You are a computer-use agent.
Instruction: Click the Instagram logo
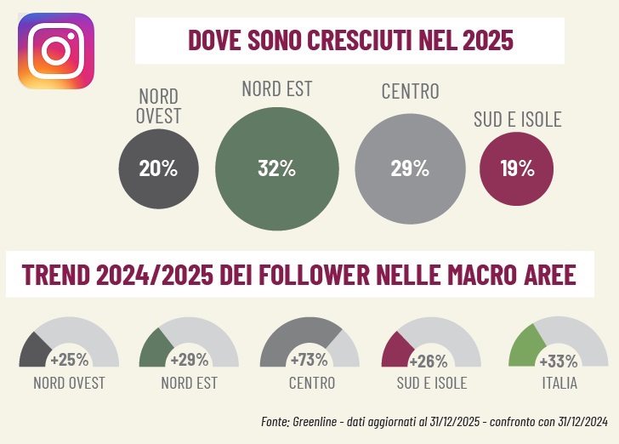pos(56,50)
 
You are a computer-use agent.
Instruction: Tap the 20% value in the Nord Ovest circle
pos(158,168)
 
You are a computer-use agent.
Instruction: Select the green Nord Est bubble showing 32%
pos(276,168)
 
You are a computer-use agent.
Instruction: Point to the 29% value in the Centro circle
pos(409,168)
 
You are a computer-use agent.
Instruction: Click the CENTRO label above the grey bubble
pos(410,92)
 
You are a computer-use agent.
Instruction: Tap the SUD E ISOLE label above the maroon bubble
pos(517,119)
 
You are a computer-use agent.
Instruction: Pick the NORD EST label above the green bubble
pos(276,88)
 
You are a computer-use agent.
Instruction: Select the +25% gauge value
pos(69,359)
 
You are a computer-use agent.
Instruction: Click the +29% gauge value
pos(189,359)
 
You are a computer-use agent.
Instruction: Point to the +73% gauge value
pos(309,359)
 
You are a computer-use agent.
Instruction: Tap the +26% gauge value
pos(431,359)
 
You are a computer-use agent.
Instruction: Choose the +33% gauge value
pos(559,359)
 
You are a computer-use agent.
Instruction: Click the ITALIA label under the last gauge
pos(559,384)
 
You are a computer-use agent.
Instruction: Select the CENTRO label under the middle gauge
pos(311,384)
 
